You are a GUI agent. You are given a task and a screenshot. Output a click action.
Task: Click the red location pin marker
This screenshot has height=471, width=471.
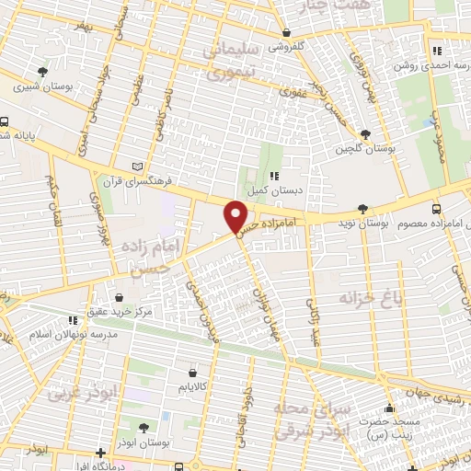pos(236,217)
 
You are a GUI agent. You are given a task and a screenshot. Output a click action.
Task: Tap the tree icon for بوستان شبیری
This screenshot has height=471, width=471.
pos(41,72)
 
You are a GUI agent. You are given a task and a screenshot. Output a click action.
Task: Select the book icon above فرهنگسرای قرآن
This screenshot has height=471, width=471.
pos(138,166)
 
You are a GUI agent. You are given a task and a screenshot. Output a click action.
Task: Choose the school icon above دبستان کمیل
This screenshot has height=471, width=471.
pos(273,176)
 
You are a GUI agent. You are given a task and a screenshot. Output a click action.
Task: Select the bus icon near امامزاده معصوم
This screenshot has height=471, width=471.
pos(436,209)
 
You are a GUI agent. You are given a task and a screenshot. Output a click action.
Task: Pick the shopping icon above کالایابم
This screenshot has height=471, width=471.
pos(192,373)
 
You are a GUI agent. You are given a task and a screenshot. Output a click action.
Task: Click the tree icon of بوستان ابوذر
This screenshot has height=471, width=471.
pos(142,427)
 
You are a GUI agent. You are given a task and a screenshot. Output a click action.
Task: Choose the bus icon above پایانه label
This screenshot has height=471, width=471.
pos(5,121)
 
